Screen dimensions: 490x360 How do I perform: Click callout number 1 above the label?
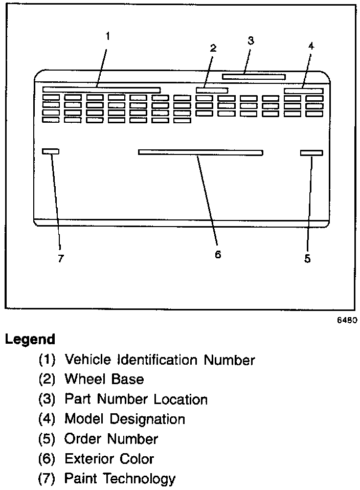107,36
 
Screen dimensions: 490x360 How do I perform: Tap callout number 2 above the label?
213,48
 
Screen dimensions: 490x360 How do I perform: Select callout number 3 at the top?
251,41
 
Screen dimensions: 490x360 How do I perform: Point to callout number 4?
311,46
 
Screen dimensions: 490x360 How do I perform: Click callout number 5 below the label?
307,259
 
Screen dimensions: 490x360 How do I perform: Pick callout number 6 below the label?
218,255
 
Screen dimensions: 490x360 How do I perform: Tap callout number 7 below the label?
60,259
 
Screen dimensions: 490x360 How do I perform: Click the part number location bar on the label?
254,77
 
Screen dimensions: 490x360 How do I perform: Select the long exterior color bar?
200,152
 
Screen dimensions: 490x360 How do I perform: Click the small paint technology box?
51,151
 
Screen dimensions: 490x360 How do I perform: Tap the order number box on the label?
311,153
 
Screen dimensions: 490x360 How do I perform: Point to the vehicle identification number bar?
101,90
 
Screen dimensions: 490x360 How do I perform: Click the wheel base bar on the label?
212,90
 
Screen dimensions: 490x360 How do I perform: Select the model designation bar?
304,91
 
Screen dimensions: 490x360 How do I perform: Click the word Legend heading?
30,339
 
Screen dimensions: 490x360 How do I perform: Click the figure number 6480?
346,321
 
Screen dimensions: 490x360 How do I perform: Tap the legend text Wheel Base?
104,380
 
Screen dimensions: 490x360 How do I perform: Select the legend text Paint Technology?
120,479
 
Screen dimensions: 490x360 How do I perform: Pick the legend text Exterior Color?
109,459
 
